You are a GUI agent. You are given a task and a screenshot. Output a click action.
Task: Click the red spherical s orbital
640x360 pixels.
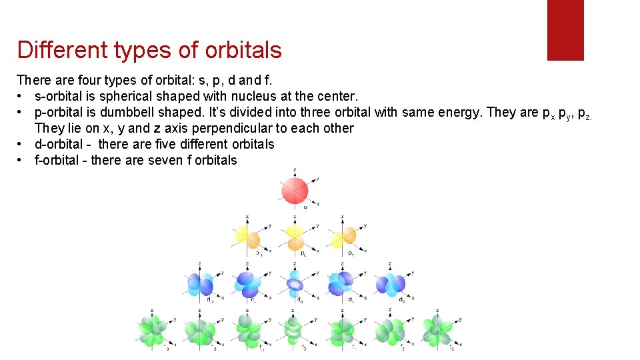(294, 191)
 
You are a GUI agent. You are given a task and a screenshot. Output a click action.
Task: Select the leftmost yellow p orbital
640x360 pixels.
(247, 237)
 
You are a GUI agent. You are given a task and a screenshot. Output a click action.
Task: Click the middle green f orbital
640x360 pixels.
(294, 331)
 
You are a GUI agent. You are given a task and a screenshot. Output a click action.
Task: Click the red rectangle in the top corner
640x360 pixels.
(565, 30)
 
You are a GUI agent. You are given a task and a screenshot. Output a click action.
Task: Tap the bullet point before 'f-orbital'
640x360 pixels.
(21, 160)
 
